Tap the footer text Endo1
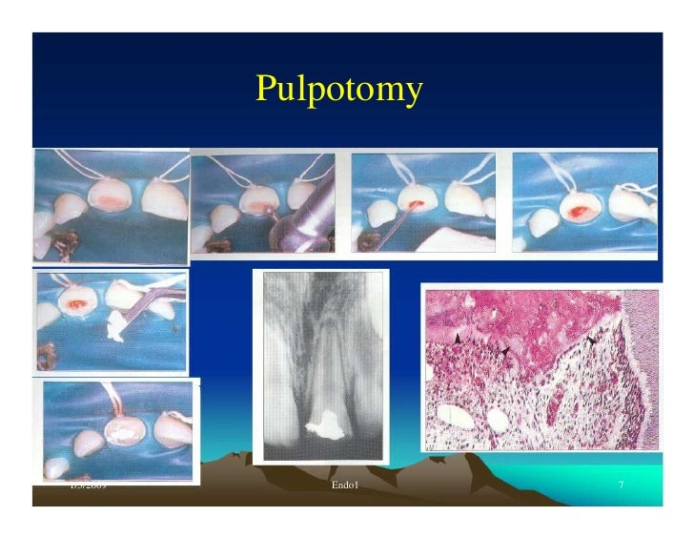344,487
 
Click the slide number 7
621,487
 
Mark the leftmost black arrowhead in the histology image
459,339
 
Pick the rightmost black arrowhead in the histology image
592,341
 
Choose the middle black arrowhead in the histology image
507,352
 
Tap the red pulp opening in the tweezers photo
75,303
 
